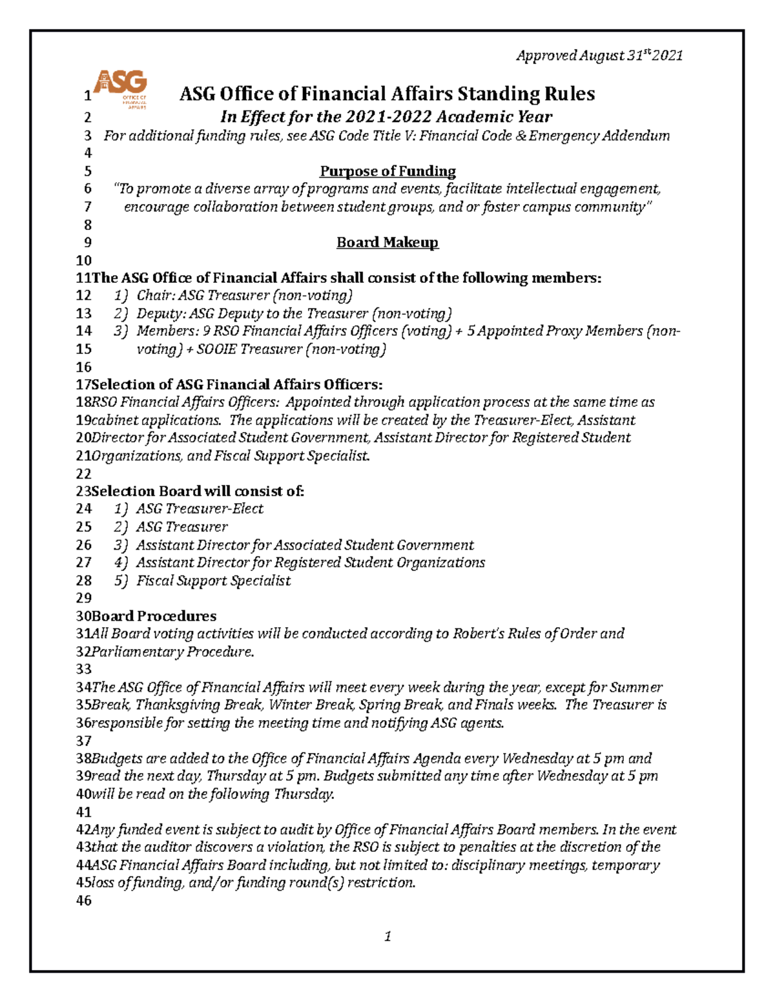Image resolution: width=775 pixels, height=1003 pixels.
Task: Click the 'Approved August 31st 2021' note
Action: (x=599, y=56)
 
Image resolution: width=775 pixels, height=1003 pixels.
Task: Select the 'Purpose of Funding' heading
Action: (x=387, y=171)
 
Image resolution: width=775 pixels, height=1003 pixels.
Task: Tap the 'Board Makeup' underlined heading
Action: (x=387, y=242)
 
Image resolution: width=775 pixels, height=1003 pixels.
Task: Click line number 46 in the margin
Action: (x=84, y=900)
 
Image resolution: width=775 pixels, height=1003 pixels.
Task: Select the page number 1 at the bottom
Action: (x=387, y=936)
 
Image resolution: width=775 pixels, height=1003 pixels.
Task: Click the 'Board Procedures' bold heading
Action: (x=154, y=615)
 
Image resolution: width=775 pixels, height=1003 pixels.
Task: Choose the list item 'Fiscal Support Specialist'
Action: (x=213, y=581)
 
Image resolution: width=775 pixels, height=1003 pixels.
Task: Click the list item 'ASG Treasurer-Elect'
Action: (x=200, y=509)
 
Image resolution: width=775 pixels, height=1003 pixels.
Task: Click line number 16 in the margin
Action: (x=84, y=367)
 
